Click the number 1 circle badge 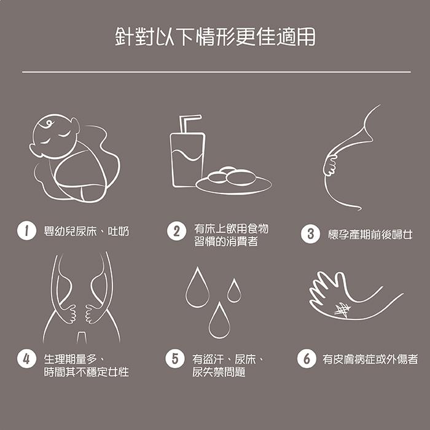click(x=26, y=230)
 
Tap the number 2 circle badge click(x=176, y=231)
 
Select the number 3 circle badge click(x=310, y=234)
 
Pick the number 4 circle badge click(x=26, y=358)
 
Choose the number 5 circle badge click(x=175, y=358)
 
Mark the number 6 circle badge click(x=307, y=358)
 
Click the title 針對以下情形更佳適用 click(x=215, y=36)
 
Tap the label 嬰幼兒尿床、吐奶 click(x=87, y=231)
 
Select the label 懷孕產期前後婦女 click(x=370, y=235)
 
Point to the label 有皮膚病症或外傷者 click(x=370, y=359)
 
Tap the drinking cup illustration click(x=187, y=160)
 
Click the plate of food click(x=233, y=181)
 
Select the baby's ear click(x=75, y=125)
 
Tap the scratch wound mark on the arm click(x=342, y=310)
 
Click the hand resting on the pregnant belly click(x=330, y=165)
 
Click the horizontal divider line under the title click(x=216, y=72)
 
